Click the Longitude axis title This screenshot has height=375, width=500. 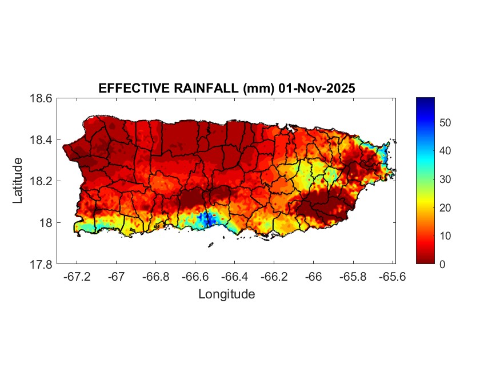point(226,294)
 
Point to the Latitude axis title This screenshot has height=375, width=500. point(18,181)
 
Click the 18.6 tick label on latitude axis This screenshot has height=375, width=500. point(42,98)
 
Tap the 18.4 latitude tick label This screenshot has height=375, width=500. point(42,140)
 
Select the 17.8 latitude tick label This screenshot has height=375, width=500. point(42,264)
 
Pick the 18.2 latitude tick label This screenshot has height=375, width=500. point(42,181)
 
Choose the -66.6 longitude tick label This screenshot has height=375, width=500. point(194,276)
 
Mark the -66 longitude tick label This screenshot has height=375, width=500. point(314,276)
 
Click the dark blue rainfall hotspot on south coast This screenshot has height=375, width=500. point(207,218)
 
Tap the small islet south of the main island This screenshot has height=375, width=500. point(210,245)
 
